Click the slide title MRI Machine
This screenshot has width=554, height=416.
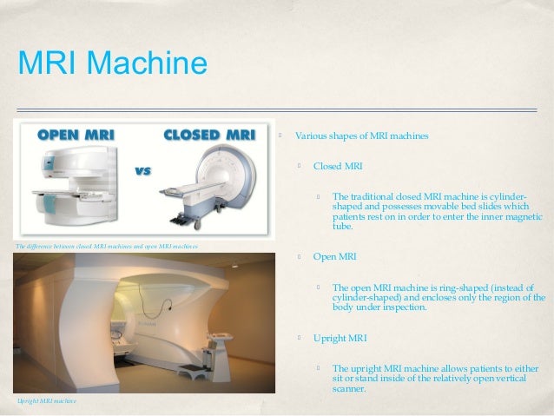point(111,63)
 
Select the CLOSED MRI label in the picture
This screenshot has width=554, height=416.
point(208,135)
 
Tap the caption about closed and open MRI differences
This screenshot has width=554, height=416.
point(107,247)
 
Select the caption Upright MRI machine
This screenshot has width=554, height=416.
point(47,401)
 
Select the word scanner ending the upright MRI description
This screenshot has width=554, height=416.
point(349,389)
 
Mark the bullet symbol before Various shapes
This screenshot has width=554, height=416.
point(281,136)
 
